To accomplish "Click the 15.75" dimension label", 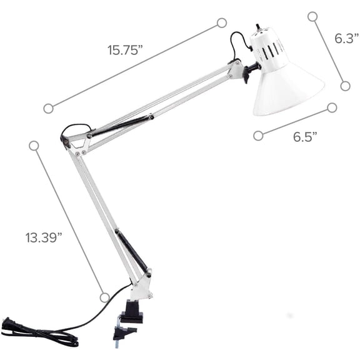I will pos(125,51).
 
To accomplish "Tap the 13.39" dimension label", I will pos(44,237).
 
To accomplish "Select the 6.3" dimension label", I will pos(346,39).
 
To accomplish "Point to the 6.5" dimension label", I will pos(306,137).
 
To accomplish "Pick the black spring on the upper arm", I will pos(122,123).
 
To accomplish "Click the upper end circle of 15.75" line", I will pos(221,23).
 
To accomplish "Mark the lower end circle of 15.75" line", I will pos(48,108).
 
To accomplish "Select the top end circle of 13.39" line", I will pos(34,146).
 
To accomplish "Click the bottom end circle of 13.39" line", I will pos(104,297).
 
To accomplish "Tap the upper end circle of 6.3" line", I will pos(312,16).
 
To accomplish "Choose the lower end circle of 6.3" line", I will pos(345,86).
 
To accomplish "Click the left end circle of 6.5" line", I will pos(258,135).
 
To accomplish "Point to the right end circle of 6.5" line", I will pos(332,107).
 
